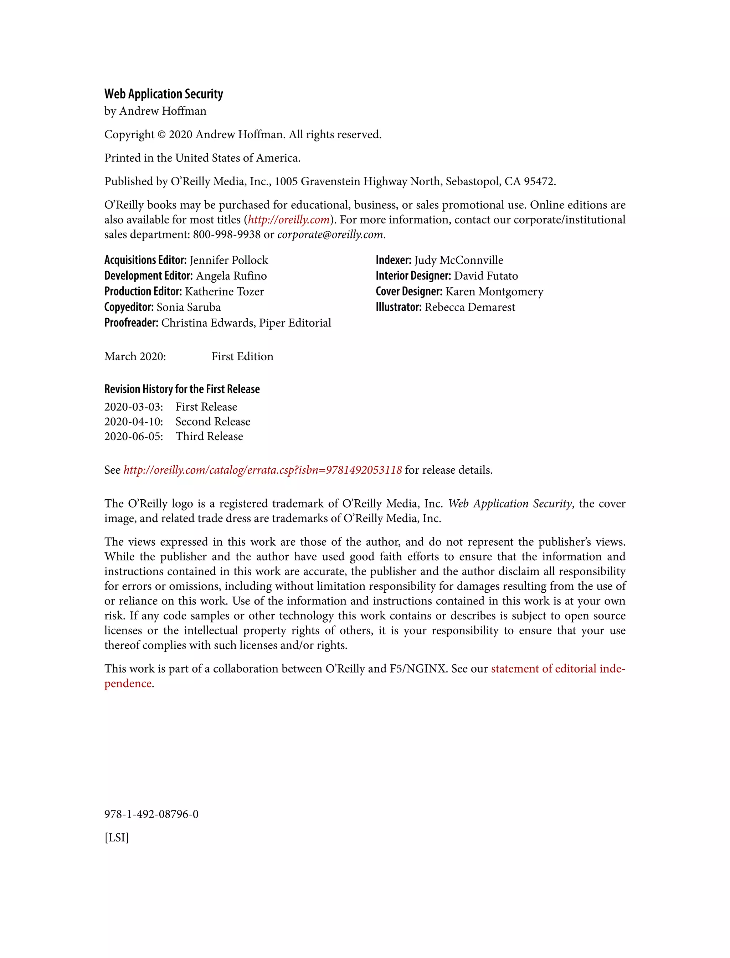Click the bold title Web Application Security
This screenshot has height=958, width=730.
pos(163,94)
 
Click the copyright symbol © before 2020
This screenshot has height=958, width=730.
pos(161,135)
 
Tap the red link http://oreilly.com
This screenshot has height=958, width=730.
pos(288,220)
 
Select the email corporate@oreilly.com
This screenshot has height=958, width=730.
pos(330,235)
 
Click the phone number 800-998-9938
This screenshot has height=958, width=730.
pos(226,235)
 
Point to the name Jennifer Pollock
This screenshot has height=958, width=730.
pos(228,260)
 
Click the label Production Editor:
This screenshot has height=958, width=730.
pos(143,292)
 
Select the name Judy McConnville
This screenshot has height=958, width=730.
pos(458,260)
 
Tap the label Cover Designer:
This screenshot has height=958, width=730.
pos(409,292)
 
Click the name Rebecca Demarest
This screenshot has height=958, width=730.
pos(470,307)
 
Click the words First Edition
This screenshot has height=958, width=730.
pos(242,357)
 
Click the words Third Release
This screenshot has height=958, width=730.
pos(209,437)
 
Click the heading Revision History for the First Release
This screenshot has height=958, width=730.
pos(182,389)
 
